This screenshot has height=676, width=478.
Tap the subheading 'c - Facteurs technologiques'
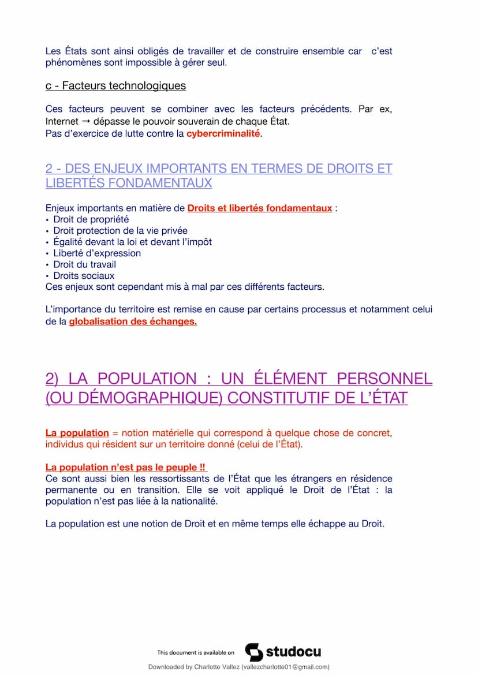(x=115, y=86)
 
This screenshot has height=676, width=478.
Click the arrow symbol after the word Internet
(x=85, y=122)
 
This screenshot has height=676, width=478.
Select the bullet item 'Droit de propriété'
(x=91, y=219)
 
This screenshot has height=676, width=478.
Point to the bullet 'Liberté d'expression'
(x=96, y=253)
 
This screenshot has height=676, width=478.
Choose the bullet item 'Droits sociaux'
(x=84, y=276)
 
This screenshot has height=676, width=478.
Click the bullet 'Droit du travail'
(x=84, y=264)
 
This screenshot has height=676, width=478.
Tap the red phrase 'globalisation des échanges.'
(x=133, y=322)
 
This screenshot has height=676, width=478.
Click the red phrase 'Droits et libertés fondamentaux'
(x=259, y=208)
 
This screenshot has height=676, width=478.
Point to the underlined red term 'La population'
(x=77, y=433)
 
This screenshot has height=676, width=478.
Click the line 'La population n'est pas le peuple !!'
(x=126, y=468)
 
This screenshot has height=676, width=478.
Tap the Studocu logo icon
(x=254, y=652)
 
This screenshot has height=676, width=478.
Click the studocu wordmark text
(x=293, y=652)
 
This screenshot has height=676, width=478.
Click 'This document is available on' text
(x=196, y=653)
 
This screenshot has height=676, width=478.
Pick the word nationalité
(x=191, y=502)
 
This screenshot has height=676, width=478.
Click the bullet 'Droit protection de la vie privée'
(x=120, y=231)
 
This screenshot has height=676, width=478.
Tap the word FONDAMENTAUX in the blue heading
(x=129, y=183)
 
